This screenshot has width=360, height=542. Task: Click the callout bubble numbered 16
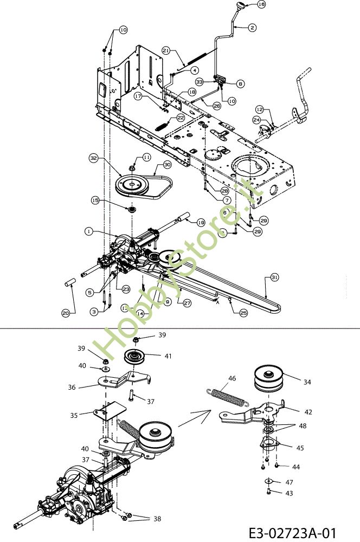coord(262,4)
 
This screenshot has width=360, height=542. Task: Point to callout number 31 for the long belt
coord(274,277)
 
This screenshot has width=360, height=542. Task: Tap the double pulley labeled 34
coord(270,378)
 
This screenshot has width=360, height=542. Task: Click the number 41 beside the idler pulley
coord(169,356)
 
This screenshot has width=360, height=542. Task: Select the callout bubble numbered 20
coord(66,313)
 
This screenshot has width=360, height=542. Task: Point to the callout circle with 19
coord(201,222)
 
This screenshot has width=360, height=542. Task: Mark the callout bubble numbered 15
coord(95,200)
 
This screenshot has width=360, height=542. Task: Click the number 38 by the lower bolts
coord(157,519)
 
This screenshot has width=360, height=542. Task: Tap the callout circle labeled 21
coord(165,50)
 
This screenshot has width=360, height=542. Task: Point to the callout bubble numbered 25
coord(243,313)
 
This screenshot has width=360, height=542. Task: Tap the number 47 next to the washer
coord(289,481)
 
